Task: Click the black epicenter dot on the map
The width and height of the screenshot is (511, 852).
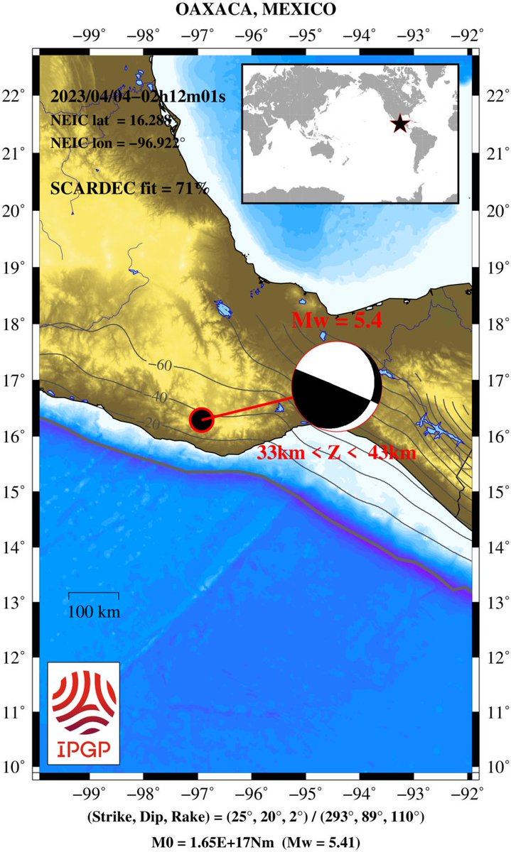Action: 202,420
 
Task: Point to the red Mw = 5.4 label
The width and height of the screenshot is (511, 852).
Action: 338,320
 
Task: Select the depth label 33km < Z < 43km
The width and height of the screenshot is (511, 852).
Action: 335,452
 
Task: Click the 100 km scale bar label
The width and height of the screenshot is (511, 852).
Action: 94,611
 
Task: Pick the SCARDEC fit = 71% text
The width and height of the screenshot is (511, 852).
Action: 130,188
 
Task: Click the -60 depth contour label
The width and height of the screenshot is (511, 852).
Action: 163,366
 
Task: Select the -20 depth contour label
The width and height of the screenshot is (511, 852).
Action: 150,424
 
